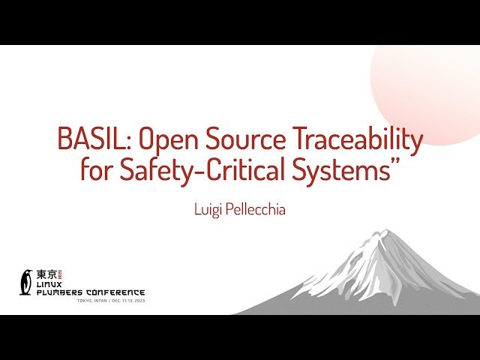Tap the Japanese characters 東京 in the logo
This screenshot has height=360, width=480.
pyautogui.click(x=46, y=274)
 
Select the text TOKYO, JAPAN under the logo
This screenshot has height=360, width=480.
pyautogui.click(x=93, y=301)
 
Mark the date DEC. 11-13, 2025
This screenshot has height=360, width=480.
pyautogui.click(x=127, y=301)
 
